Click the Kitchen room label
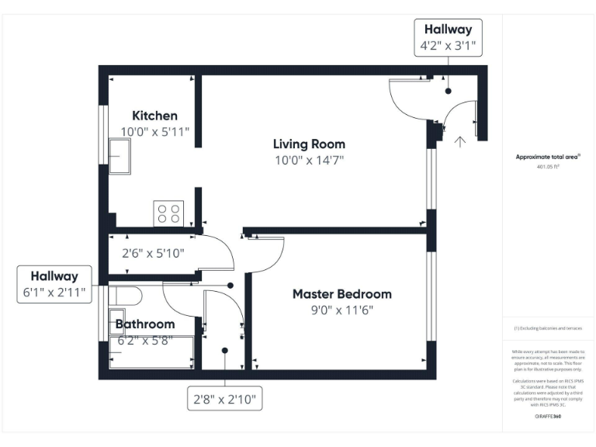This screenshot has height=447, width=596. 154,116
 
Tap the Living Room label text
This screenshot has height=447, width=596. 309,144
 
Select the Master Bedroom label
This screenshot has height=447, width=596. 341,294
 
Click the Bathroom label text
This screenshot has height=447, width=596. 145,324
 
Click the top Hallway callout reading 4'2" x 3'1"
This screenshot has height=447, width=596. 448,37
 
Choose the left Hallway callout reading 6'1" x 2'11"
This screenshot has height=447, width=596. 54,284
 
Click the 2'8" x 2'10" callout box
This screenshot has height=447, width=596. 225,400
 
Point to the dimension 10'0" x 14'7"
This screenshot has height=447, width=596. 309,161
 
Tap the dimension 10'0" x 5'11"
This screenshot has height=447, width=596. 154,132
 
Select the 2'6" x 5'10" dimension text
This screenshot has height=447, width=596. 153,252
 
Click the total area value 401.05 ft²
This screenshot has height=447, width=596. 548,167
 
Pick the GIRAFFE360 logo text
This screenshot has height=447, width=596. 548,417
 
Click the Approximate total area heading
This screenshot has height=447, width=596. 548,157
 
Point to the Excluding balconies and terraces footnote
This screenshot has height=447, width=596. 548,328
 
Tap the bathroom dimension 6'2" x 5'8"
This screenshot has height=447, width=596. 145,339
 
